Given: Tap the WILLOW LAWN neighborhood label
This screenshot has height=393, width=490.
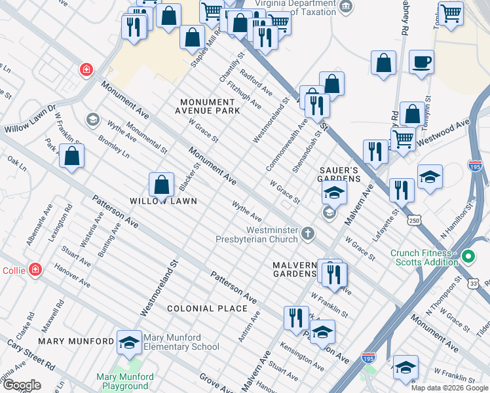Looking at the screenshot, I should [163, 201].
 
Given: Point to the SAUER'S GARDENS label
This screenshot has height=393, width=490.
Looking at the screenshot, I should [340, 174].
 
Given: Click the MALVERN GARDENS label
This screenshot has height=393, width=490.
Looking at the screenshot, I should [295, 269].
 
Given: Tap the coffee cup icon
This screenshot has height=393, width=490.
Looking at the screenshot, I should [421, 62].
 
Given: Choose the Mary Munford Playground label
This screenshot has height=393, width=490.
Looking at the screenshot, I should [124, 381].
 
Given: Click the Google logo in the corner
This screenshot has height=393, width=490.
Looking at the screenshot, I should [22, 385].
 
